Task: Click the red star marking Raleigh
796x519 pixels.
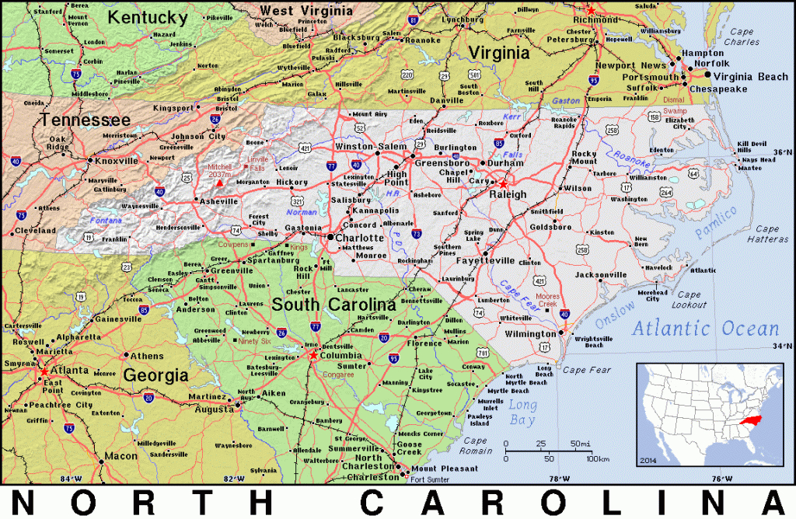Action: pyautogui.click(x=503, y=183)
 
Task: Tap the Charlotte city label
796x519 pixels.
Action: pyautogui.click(x=359, y=238)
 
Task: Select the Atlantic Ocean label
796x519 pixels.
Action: pyautogui.click(x=705, y=329)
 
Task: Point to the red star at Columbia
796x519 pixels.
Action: pyautogui.click(x=312, y=355)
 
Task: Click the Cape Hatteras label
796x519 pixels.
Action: pyautogui.click(x=770, y=234)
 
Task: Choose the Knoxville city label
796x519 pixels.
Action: pyautogui.click(x=116, y=161)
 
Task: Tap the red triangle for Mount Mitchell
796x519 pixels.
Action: pyautogui.click(x=220, y=183)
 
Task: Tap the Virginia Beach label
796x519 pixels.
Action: pyautogui.click(x=750, y=76)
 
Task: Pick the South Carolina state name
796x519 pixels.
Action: pyautogui.click(x=334, y=304)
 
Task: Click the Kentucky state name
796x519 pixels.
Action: pyautogui.click(x=148, y=17)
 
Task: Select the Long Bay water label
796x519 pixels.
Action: pyautogui.click(x=522, y=413)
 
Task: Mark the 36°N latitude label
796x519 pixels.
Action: pyautogui.click(x=782, y=152)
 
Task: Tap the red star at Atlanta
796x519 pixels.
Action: pyautogui.click(x=42, y=371)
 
